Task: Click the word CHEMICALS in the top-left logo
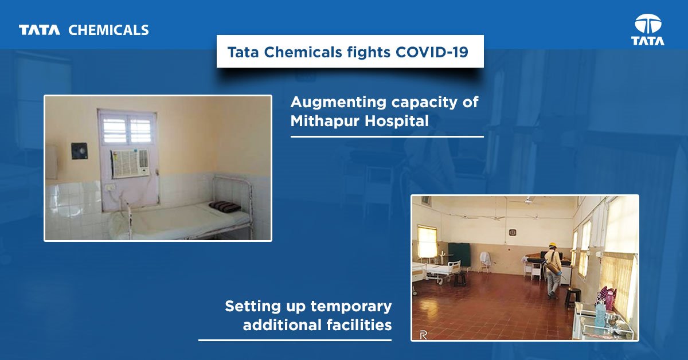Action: (108, 30)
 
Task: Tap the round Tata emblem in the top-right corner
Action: (648, 24)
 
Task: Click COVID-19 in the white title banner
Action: (432, 52)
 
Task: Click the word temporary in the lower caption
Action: (351, 307)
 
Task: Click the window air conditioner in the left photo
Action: (130, 163)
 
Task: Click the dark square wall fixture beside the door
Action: (79, 151)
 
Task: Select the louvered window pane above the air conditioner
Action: (127, 130)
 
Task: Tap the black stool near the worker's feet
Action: (572, 296)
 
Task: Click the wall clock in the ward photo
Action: (512, 232)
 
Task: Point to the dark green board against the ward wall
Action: (459, 254)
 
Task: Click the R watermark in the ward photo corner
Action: (423, 335)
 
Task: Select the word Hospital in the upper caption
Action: (397, 121)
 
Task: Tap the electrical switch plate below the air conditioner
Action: (110, 187)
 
